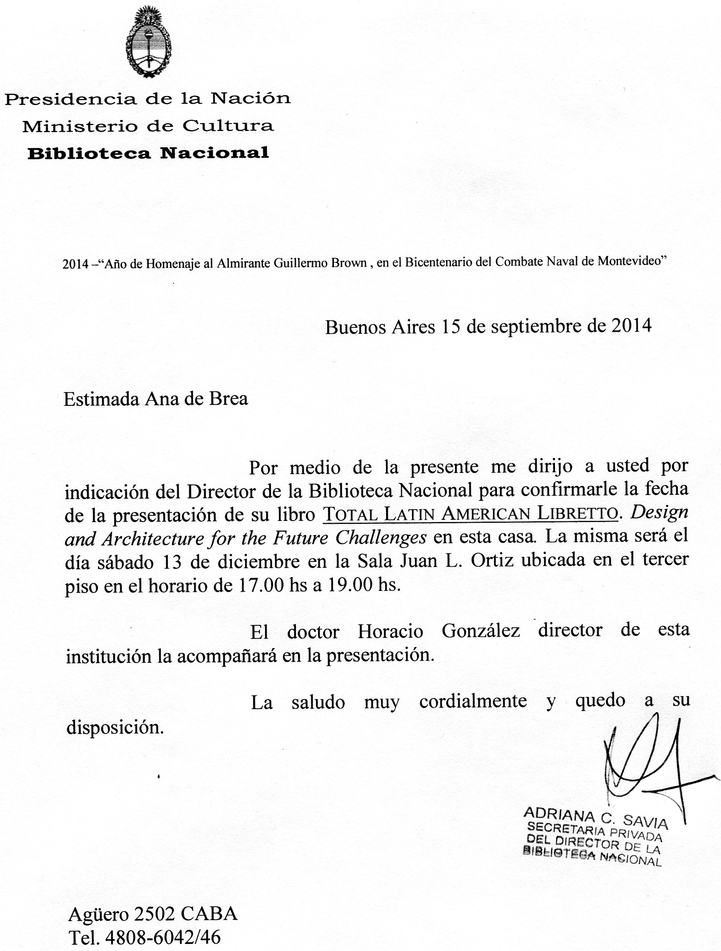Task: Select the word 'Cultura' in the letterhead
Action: (x=228, y=127)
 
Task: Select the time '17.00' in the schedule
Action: (x=260, y=586)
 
